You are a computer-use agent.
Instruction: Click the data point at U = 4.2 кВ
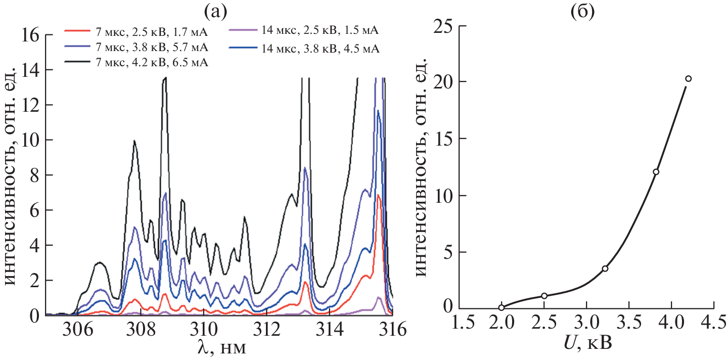(688, 78)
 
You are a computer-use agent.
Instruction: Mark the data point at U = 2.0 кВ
(501, 307)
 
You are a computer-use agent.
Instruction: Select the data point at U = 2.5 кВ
(544, 296)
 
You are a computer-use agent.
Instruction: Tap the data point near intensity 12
(656, 172)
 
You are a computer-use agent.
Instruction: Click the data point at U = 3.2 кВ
(605, 268)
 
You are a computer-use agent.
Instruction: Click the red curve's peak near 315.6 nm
(378, 195)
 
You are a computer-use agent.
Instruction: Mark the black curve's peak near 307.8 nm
(134, 141)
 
